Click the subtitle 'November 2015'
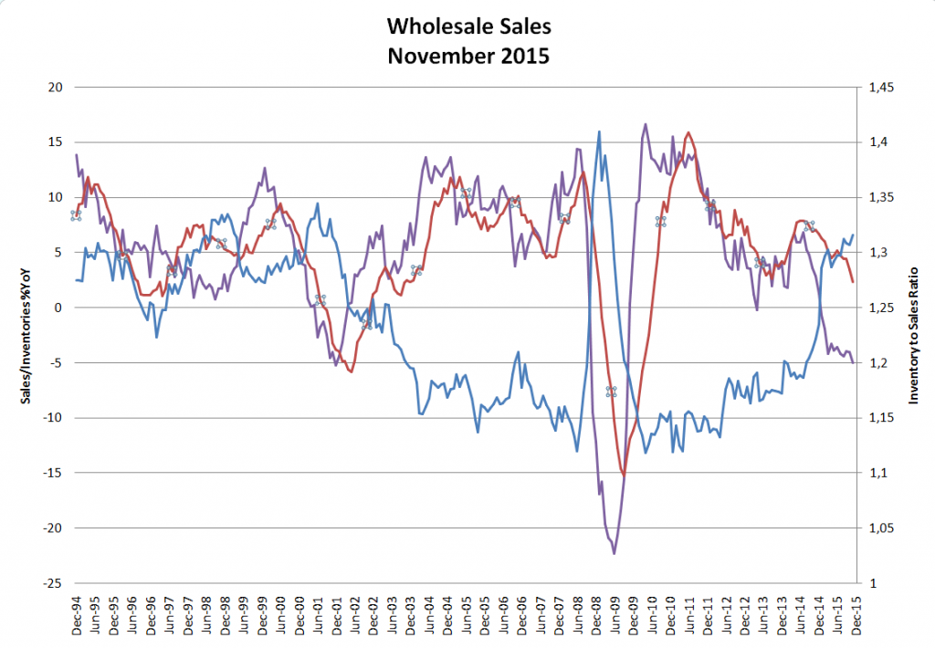[x=467, y=56]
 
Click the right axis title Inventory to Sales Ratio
[x=913, y=335]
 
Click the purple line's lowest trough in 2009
[x=614, y=554]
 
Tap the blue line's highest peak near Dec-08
[x=599, y=131]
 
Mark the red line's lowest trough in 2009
[x=625, y=476]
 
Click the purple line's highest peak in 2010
[x=646, y=124]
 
